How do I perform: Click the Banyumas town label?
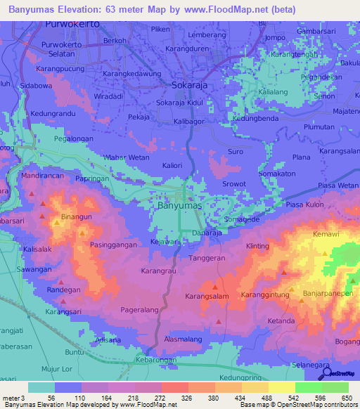point(179,207)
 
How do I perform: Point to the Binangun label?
point(77,217)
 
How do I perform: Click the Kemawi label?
point(326,233)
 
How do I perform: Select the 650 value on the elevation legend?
point(347,398)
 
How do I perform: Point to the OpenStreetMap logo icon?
point(324,374)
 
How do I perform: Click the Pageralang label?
point(143,308)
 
